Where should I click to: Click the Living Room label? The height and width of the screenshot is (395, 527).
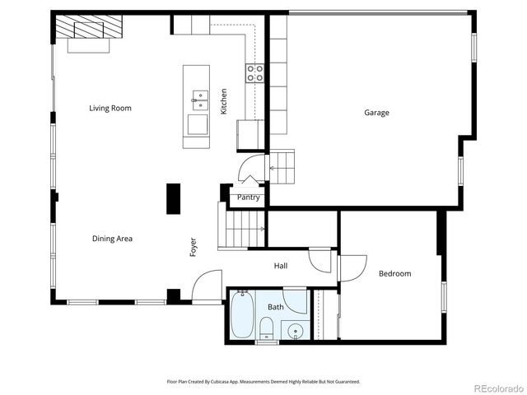point(110,108)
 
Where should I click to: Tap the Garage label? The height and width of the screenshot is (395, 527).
point(377,113)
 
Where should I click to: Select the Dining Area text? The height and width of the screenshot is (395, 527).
point(112,239)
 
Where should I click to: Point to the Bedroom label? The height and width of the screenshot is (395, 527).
point(394,273)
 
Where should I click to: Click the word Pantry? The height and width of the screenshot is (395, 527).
point(248,197)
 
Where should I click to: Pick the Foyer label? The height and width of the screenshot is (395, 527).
point(194,247)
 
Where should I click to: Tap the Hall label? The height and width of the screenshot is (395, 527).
point(281,266)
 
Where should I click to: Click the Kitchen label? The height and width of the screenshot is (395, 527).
point(223,101)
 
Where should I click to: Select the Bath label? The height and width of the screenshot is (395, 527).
point(275,307)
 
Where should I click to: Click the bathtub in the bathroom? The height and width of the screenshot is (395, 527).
point(241,315)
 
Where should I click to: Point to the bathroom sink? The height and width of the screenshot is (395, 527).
point(296,332)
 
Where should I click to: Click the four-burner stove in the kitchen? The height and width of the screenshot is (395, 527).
point(254,73)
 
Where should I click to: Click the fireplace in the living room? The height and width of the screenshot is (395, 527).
point(88,31)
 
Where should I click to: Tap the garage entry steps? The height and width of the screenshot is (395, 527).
point(282,167)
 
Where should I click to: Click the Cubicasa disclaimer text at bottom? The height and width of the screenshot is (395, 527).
point(263,382)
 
